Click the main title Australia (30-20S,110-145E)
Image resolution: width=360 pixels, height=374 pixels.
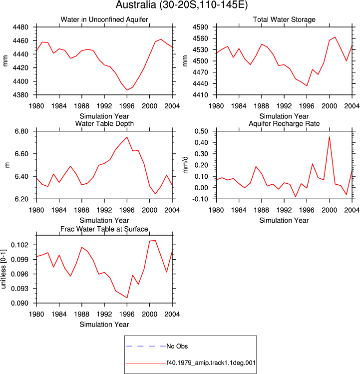(x=182, y=5)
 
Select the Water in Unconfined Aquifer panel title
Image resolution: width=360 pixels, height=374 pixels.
(x=104, y=19)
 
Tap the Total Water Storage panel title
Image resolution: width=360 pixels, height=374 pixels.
(x=284, y=19)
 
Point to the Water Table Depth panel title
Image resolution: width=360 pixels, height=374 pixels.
(x=104, y=123)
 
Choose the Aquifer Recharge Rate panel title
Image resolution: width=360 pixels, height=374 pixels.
(x=284, y=123)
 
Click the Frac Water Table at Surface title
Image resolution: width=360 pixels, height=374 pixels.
(x=104, y=229)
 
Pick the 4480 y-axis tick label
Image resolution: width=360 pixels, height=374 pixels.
(x=20, y=27)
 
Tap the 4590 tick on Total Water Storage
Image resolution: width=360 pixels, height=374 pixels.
(x=200, y=27)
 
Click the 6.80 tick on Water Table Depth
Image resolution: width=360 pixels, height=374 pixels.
(x=21, y=131)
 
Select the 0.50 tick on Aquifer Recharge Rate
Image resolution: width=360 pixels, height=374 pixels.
(x=201, y=131)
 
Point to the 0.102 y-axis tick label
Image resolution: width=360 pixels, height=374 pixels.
(x=19, y=245)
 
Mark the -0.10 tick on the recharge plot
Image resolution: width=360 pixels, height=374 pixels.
(x=200, y=199)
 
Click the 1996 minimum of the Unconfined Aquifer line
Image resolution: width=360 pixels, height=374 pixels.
(x=127, y=90)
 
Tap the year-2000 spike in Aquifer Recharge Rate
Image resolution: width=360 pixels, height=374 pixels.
(x=330, y=137)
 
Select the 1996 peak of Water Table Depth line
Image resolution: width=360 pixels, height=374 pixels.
(x=127, y=137)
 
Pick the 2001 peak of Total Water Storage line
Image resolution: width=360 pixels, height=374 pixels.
(x=335, y=37)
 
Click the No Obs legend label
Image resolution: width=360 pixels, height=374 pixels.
(x=177, y=346)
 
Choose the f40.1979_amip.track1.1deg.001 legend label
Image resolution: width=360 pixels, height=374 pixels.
(x=211, y=363)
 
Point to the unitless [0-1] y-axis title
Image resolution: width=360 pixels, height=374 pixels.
(x=3, y=269)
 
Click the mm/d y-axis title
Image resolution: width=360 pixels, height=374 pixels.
(x=185, y=165)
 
